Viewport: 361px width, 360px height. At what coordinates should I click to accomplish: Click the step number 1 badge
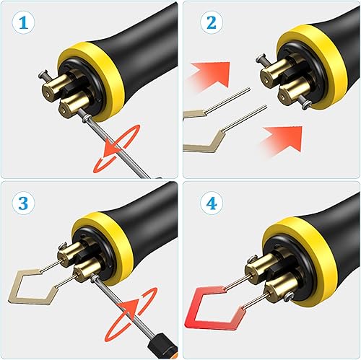(23, 23)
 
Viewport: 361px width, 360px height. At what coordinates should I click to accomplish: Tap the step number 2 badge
(212, 23)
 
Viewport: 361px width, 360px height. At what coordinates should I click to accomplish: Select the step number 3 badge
(23, 203)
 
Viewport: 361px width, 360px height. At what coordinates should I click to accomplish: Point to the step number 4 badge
(212, 203)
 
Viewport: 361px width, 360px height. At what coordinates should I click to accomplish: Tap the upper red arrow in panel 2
(211, 74)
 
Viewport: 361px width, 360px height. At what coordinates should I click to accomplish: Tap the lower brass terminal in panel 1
(72, 106)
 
